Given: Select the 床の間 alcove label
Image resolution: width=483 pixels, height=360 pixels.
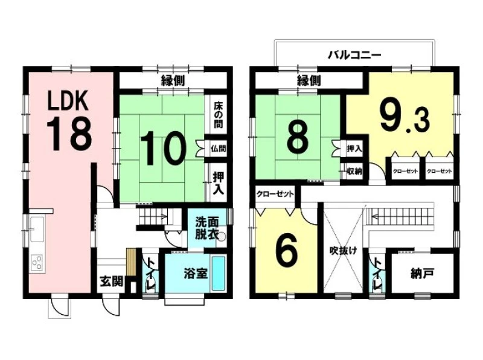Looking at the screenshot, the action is [219, 115].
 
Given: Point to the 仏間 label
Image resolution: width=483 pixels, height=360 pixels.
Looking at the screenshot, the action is [219, 149].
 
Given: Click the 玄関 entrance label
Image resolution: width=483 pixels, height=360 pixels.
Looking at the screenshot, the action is [112, 281].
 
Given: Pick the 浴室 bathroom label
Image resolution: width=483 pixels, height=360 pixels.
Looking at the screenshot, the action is [196, 274].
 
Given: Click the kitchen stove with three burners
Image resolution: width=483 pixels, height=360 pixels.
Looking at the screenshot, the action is [37, 263].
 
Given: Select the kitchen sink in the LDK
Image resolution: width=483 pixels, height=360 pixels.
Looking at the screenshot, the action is [37, 230].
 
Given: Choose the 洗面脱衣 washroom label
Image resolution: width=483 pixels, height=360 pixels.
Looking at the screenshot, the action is [206, 228].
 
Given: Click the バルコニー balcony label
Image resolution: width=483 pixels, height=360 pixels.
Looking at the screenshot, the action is [354, 55].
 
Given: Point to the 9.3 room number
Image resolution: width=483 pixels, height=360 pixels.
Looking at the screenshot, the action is [404, 117].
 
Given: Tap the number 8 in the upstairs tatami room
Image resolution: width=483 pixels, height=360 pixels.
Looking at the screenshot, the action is [297, 139].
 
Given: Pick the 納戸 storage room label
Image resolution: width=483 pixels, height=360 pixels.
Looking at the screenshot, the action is [422, 273].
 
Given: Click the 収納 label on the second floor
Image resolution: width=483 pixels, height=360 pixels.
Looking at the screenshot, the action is [354, 171].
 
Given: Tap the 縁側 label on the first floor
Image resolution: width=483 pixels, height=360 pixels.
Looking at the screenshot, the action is [173, 81].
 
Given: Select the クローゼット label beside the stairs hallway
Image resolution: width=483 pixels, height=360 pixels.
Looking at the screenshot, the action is [275, 194].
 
